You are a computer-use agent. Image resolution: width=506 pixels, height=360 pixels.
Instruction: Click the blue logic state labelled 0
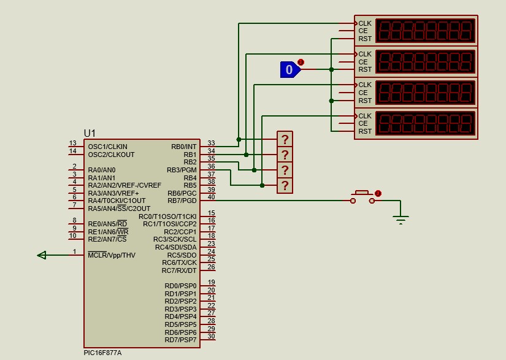[290, 69]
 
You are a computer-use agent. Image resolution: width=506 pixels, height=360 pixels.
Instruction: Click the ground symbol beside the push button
[401, 220]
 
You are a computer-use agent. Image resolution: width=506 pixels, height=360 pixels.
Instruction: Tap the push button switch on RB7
[362, 197]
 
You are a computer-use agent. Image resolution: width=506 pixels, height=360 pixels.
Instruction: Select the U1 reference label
[90, 133]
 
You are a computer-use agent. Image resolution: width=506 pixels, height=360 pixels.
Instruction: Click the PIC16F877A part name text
[102, 353]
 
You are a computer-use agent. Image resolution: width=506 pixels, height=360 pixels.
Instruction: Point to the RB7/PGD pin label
[182, 201]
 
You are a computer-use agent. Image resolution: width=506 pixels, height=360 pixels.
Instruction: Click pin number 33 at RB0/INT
[212, 143]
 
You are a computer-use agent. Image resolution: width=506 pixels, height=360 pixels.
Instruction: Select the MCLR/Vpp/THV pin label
[112, 255]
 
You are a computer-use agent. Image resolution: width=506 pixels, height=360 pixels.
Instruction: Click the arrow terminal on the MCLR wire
[42, 255]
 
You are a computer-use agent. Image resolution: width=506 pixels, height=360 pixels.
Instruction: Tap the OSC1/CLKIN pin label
[108, 147]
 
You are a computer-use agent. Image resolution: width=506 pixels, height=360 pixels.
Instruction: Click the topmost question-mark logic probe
[285, 139]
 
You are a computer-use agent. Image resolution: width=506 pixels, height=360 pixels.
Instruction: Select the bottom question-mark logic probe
[285, 185]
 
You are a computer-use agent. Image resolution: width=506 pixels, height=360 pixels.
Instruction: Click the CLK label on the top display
[365, 23]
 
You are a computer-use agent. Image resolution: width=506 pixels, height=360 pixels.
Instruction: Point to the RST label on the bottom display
[365, 131]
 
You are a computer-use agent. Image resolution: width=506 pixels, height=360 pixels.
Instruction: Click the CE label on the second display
[363, 61]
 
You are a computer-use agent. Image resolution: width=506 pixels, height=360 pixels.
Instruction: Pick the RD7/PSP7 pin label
[181, 340]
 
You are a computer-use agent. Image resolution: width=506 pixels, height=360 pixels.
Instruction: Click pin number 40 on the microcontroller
[212, 197]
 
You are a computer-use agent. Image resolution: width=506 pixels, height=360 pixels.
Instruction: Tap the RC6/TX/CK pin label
[180, 262]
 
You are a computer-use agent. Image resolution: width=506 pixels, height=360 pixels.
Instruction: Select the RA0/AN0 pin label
[102, 170]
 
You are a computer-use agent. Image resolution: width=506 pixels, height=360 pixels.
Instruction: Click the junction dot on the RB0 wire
[239, 139]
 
